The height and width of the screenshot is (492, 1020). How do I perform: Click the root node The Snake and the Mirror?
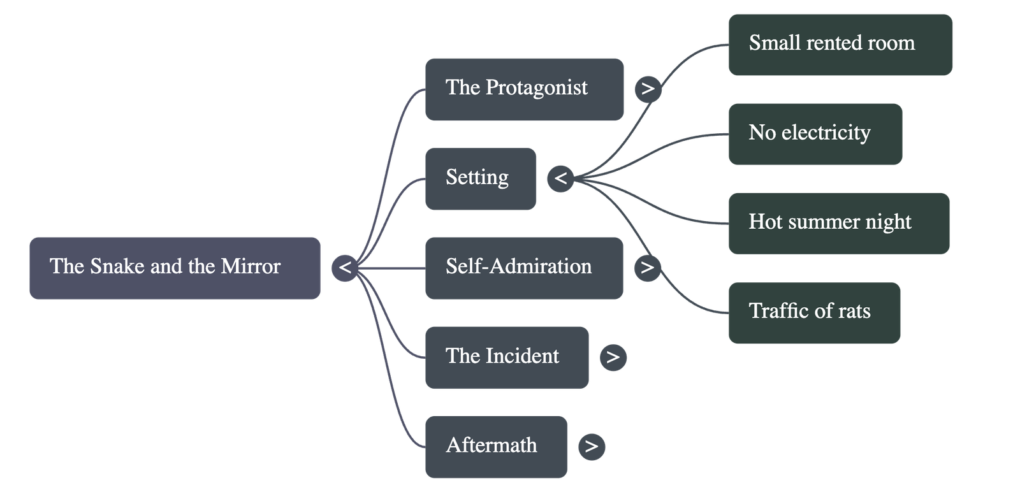(x=174, y=268)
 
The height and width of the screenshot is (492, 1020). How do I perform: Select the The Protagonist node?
(x=524, y=89)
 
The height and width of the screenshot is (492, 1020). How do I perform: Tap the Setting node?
(x=481, y=178)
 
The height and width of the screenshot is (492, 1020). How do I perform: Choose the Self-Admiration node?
(x=524, y=268)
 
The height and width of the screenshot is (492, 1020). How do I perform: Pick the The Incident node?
(x=507, y=358)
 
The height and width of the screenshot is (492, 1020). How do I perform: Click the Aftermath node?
(x=496, y=447)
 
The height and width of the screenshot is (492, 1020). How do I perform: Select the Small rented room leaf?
(x=840, y=44)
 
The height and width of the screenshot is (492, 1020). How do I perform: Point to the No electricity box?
(x=815, y=134)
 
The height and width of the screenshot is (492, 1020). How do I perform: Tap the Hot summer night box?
(x=838, y=223)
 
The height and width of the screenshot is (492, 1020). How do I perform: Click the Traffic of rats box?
(x=814, y=312)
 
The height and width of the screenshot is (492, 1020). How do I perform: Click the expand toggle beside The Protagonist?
(x=648, y=89)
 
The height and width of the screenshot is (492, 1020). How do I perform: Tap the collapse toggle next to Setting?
(x=560, y=178)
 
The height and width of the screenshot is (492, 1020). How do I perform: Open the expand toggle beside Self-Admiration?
(x=647, y=267)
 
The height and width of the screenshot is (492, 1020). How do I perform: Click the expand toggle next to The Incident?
(x=613, y=357)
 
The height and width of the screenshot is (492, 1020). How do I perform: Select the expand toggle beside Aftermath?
(x=591, y=446)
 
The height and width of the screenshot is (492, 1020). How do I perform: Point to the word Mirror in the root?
(x=251, y=266)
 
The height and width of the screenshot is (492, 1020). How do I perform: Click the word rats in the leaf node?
(x=854, y=311)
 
